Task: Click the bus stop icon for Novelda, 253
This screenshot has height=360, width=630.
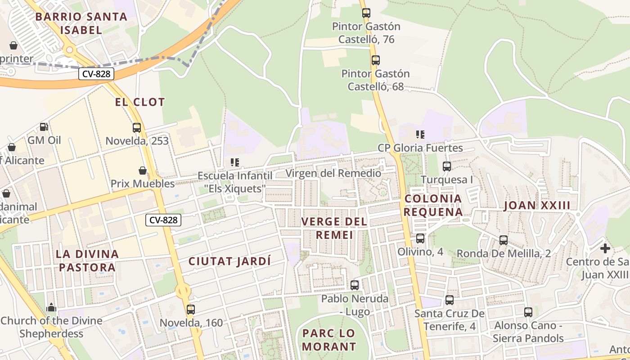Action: coord(137,128)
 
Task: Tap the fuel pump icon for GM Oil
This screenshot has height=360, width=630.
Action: coord(44,127)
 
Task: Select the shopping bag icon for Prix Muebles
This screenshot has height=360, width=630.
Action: coord(143,171)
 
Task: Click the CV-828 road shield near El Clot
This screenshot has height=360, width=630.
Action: coord(96,74)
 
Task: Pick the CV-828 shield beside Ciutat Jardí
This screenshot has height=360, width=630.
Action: coord(163,220)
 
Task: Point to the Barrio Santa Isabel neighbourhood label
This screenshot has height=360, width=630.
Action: coord(81,23)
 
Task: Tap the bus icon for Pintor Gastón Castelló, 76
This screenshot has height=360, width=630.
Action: coord(366,13)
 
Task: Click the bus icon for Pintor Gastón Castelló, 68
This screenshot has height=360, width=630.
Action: coord(376,60)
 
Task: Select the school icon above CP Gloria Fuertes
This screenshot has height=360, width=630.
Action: coord(420,134)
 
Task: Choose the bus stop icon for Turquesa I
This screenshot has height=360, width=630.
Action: coord(447,166)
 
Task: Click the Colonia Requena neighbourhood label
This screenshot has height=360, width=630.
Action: coord(433,205)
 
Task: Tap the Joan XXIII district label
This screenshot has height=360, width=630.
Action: coord(537,206)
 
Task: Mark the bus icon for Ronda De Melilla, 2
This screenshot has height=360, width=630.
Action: coord(504,240)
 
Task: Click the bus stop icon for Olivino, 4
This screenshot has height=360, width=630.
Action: coord(420,238)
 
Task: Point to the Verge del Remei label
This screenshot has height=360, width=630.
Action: coord(334,228)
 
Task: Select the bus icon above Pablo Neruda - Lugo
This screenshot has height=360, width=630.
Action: coord(355,285)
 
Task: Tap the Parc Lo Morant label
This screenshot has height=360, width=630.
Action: coord(329,340)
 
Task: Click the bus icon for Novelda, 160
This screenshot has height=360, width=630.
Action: coord(191,310)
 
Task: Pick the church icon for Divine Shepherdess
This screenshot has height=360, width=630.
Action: coord(51,307)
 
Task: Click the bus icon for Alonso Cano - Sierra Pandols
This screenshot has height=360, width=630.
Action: coord(528,312)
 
